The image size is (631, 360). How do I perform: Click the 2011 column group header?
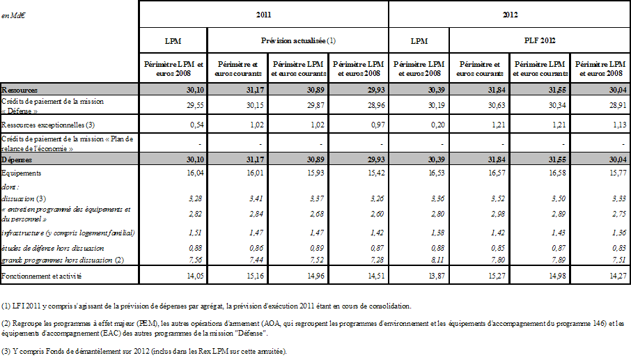tap(263, 14)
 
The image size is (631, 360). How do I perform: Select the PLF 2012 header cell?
tap(540, 40)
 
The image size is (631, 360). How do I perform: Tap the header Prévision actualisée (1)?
tap(297, 40)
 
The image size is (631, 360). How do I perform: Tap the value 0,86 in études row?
tap(254, 248)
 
